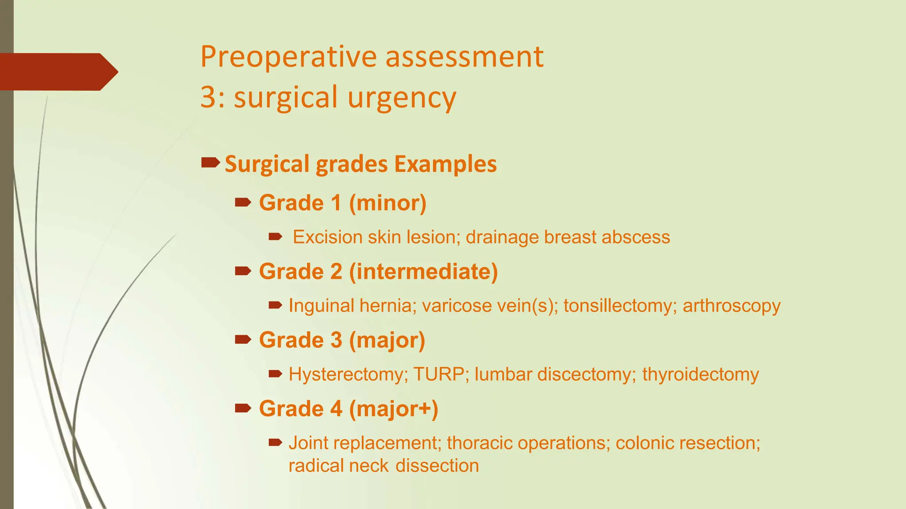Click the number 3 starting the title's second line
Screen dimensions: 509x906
[x=208, y=97]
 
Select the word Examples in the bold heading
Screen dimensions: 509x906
[x=445, y=164]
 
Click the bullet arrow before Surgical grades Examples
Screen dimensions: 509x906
[x=210, y=163]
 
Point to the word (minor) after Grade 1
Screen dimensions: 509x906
[x=388, y=203]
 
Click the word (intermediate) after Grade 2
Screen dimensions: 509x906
[x=423, y=272]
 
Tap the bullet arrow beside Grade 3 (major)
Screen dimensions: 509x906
[x=243, y=340]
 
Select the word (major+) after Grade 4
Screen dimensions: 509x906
[x=393, y=409]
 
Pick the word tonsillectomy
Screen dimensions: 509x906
[x=618, y=306]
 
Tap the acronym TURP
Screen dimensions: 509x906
[x=439, y=375]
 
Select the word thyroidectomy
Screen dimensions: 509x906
[x=700, y=375]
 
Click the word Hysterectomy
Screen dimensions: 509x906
[x=346, y=375]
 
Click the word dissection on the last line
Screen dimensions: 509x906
[x=437, y=466]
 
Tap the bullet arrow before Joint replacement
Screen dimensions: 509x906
[x=275, y=442]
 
